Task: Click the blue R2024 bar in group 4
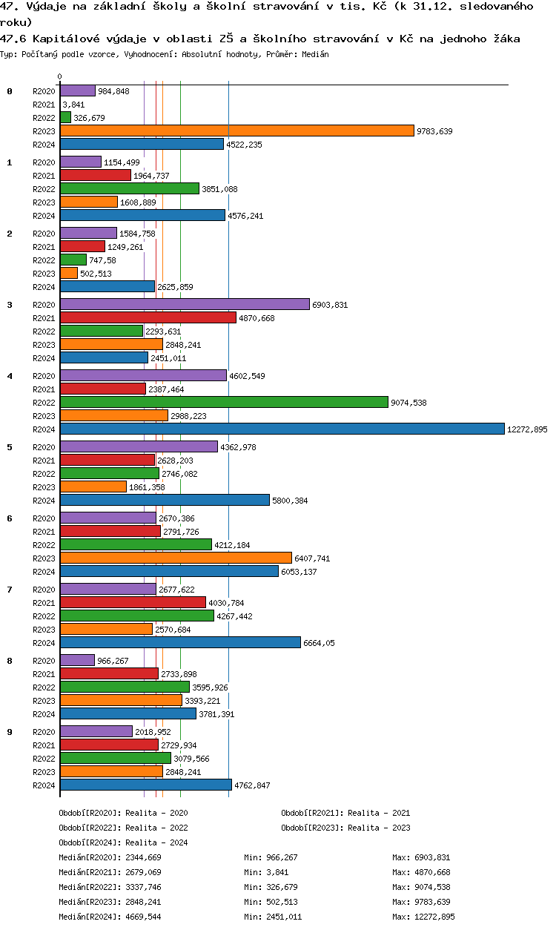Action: pyautogui.click(x=282, y=429)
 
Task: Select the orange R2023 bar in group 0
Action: pyautogui.click(x=236, y=131)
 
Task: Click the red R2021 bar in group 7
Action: pyautogui.click(x=133, y=602)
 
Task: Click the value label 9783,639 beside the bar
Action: pyautogui.click(x=434, y=131)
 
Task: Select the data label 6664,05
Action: pyautogui.click(x=319, y=643)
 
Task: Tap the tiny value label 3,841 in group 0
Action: pyautogui.click(x=73, y=105)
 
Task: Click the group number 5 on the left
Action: pyautogui.click(x=10, y=447)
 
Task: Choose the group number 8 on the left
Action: pyautogui.click(x=10, y=661)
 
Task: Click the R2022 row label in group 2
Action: pyautogui.click(x=44, y=260)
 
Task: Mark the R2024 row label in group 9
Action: pyautogui.click(x=44, y=785)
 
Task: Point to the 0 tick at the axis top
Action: pyautogui.click(x=59, y=76)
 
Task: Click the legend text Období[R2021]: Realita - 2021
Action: pyautogui.click(x=345, y=813)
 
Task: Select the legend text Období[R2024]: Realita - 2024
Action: pyautogui.click(x=123, y=842)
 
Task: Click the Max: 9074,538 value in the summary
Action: pyautogui.click(x=421, y=887)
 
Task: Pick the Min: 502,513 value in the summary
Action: pyautogui.click(x=271, y=902)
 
